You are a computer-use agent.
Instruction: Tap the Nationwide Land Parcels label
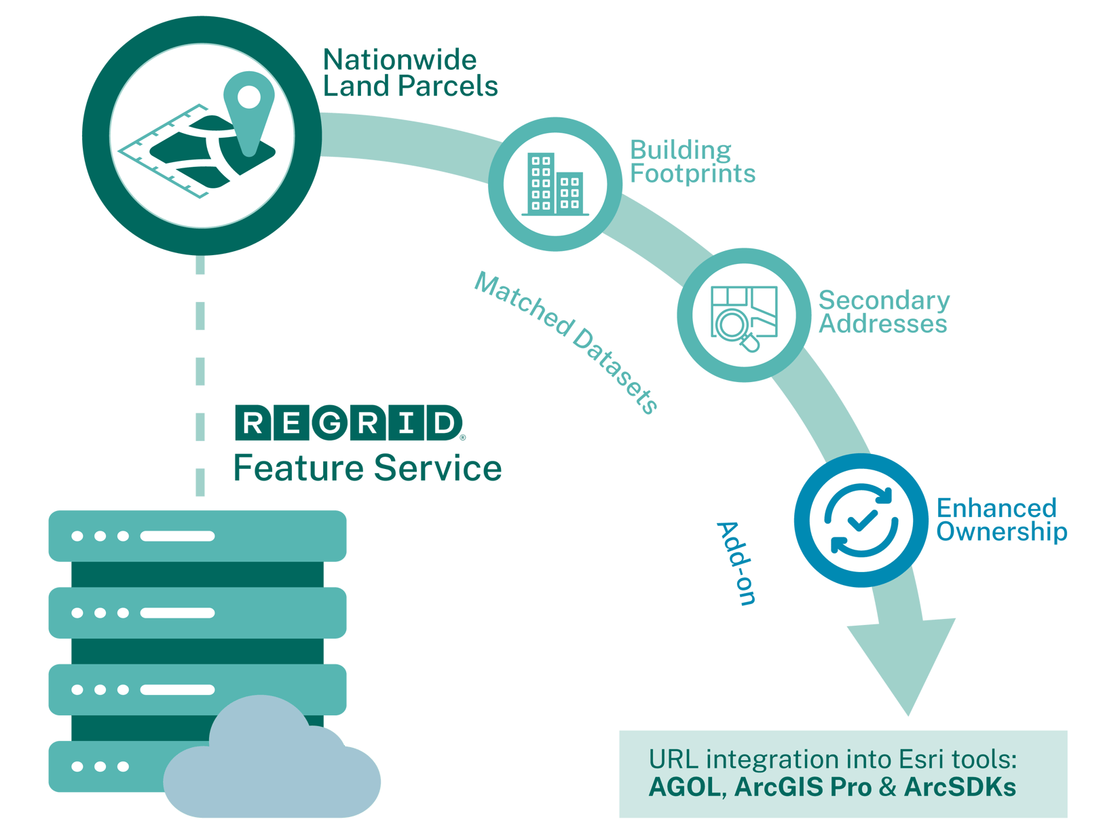click(x=409, y=73)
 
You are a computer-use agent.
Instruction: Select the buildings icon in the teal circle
click(x=555, y=183)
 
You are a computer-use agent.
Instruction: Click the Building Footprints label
click(x=692, y=162)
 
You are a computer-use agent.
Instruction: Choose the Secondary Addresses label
click(x=882, y=312)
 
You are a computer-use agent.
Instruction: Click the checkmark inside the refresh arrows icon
click(x=861, y=521)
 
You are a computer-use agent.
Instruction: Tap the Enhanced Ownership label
click(x=1001, y=520)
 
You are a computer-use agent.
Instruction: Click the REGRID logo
click(x=348, y=423)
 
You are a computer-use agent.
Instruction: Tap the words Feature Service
click(x=367, y=468)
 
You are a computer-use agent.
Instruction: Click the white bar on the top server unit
click(x=177, y=536)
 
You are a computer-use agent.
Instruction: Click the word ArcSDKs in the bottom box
click(x=960, y=787)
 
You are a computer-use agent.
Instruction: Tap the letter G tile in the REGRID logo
click(x=330, y=423)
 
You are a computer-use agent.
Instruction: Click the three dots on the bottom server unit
click(x=100, y=766)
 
